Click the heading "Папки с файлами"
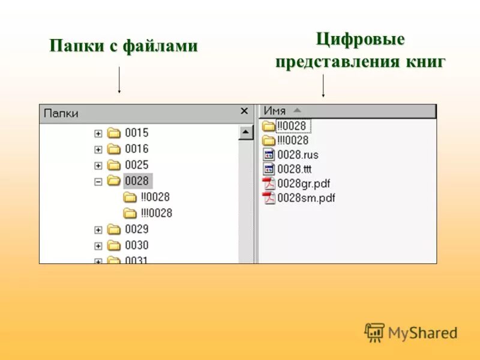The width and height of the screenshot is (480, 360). (x=123, y=46)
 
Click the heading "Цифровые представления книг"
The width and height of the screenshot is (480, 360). (x=360, y=51)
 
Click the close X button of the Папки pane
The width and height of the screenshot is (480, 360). (x=244, y=111)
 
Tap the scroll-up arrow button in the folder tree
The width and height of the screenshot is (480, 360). (x=246, y=133)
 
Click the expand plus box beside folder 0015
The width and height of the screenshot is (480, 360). (x=98, y=133)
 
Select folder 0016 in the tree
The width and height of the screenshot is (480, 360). (x=136, y=149)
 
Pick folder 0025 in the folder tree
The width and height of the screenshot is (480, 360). (x=136, y=165)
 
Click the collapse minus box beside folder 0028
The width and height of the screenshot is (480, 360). (x=98, y=181)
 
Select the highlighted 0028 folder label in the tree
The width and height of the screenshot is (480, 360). (x=137, y=181)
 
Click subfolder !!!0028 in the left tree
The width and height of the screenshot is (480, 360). (x=156, y=213)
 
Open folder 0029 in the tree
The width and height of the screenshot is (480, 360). (x=136, y=229)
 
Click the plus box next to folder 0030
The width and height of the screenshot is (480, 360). (x=98, y=245)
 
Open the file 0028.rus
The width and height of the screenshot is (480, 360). (x=297, y=155)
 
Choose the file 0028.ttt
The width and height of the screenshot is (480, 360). (x=294, y=169)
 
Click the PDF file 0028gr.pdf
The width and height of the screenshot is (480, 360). (x=303, y=184)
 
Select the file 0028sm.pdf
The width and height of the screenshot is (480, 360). (x=305, y=198)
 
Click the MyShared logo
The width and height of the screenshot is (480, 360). (x=411, y=332)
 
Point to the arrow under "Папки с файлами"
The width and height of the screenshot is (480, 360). (x=120, y=80)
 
